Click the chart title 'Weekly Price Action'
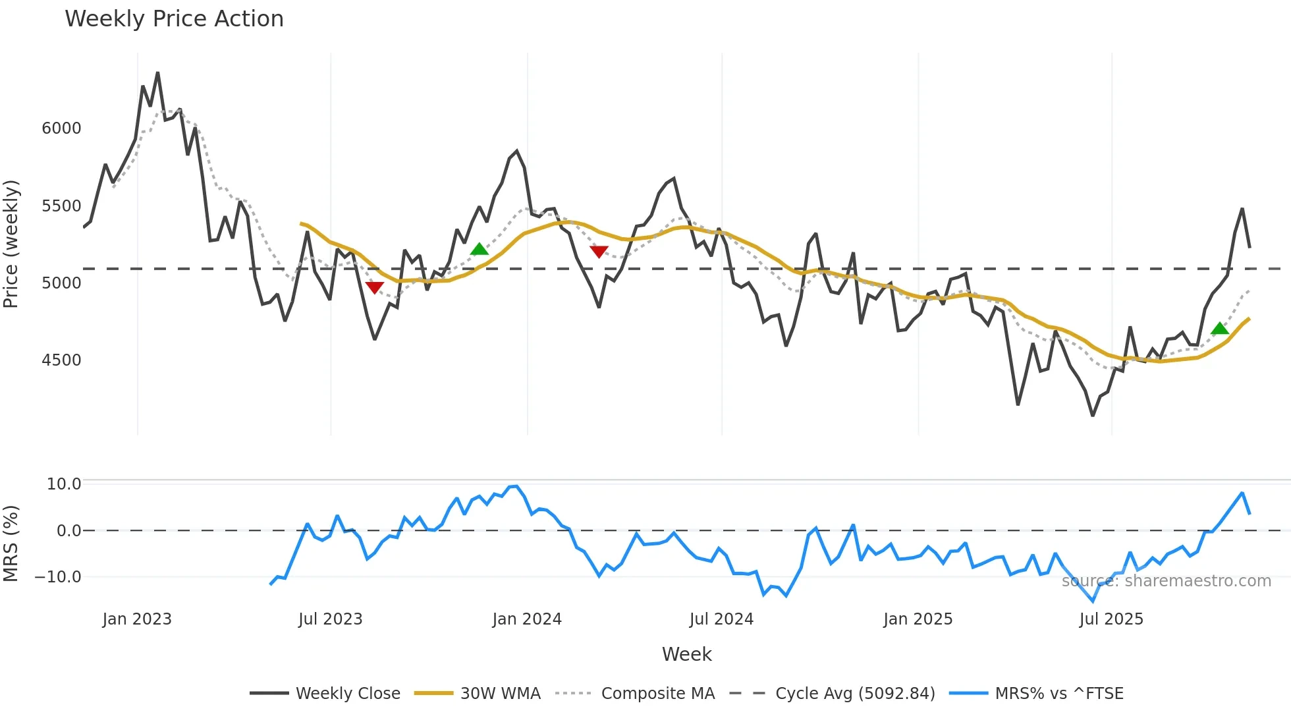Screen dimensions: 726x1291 (174, 19)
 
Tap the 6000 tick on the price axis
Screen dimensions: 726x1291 (61, 128)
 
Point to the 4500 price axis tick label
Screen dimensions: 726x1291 (61, 360)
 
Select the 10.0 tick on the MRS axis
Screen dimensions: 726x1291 (64, 484)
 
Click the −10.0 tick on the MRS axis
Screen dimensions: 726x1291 (58, 577)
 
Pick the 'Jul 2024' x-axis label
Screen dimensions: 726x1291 (721, 619)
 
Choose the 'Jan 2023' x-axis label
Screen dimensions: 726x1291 (137, 619)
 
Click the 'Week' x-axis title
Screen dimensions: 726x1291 (686, 654)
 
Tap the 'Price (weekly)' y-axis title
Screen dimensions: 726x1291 (11, 244)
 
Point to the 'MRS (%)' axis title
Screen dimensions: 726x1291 (11, 544)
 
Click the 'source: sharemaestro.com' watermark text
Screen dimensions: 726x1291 (1166, 581)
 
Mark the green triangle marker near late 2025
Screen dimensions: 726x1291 (1219, 328)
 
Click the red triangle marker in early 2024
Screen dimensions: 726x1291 (599, 252)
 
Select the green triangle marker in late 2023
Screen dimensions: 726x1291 (479, 249)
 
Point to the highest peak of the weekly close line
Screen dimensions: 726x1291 (157, 73)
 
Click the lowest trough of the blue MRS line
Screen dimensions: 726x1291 (1093, 601)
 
